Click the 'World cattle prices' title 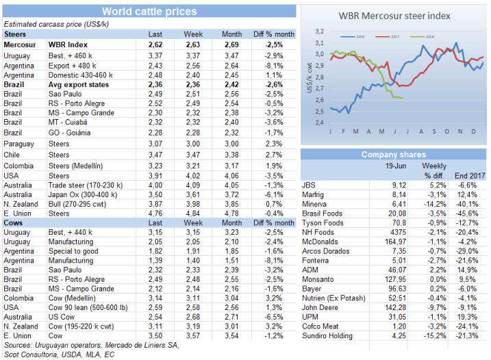pos(149,12)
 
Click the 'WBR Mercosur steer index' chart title pos(395,16)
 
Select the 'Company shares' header pos(393,155)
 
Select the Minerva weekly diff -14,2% pos(434,204)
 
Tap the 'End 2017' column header pos(471,175)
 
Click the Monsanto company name pos(317,280)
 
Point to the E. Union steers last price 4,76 pos(155,213)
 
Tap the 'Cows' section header pos(14,222)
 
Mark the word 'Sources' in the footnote pos(18,346)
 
